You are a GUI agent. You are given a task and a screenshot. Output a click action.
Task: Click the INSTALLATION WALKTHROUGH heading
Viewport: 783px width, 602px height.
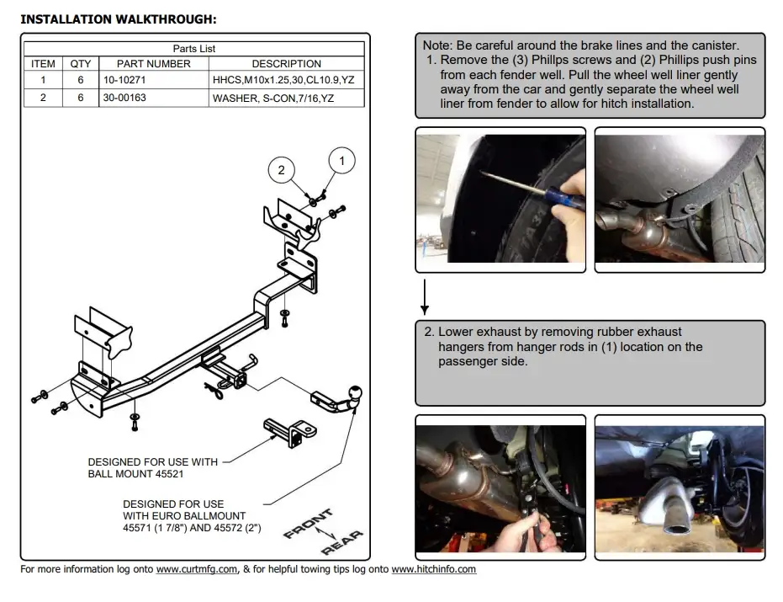(118, 19)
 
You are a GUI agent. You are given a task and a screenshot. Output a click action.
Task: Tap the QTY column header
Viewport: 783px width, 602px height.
(81, 64)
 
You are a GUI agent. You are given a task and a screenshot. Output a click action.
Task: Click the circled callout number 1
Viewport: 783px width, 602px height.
(341, 160)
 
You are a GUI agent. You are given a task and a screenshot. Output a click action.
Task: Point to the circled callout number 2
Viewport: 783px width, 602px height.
(282, 170)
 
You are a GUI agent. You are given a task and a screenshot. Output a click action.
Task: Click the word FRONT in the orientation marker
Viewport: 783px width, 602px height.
(308, 523)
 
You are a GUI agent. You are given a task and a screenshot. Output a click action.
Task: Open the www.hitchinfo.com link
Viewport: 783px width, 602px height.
(433, 570)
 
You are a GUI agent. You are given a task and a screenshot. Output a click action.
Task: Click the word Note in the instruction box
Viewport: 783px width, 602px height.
(437, 45)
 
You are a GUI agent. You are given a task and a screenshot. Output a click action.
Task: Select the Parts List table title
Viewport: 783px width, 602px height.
(194, 49)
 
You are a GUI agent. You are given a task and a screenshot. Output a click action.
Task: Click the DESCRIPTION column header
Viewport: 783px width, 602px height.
(286, 64)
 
